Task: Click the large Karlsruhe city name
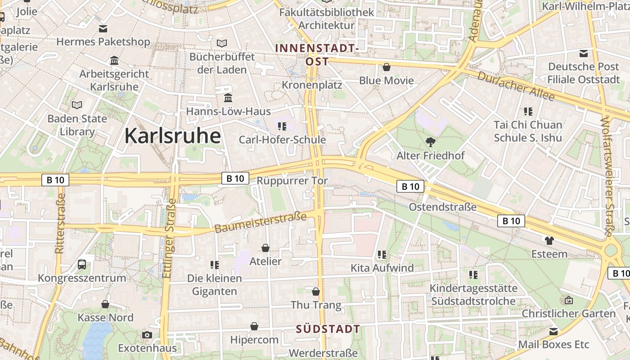tap(172, 135)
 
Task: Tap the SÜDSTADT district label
tap(328, 329)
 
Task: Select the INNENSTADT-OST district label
tap(317, 54)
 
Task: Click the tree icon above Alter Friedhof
tap(430, 142)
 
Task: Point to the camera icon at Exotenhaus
tap(147, 335)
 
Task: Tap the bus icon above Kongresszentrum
tap(82, 264)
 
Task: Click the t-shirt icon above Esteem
tap(549, 240)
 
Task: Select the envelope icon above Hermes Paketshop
tap(103, 29)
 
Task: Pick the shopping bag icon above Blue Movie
tap(386, 67)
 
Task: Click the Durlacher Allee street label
tap(516, 86)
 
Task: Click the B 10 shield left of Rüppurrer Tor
tap(235, 178)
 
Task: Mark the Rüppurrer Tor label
tap(292, 181)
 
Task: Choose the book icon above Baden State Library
tap(77, 105)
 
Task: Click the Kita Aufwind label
tap(382, 268)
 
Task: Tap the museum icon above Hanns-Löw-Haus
tap(228, 98)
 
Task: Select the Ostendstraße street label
tap(442, 207)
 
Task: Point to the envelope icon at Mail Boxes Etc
tap(553, 332)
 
